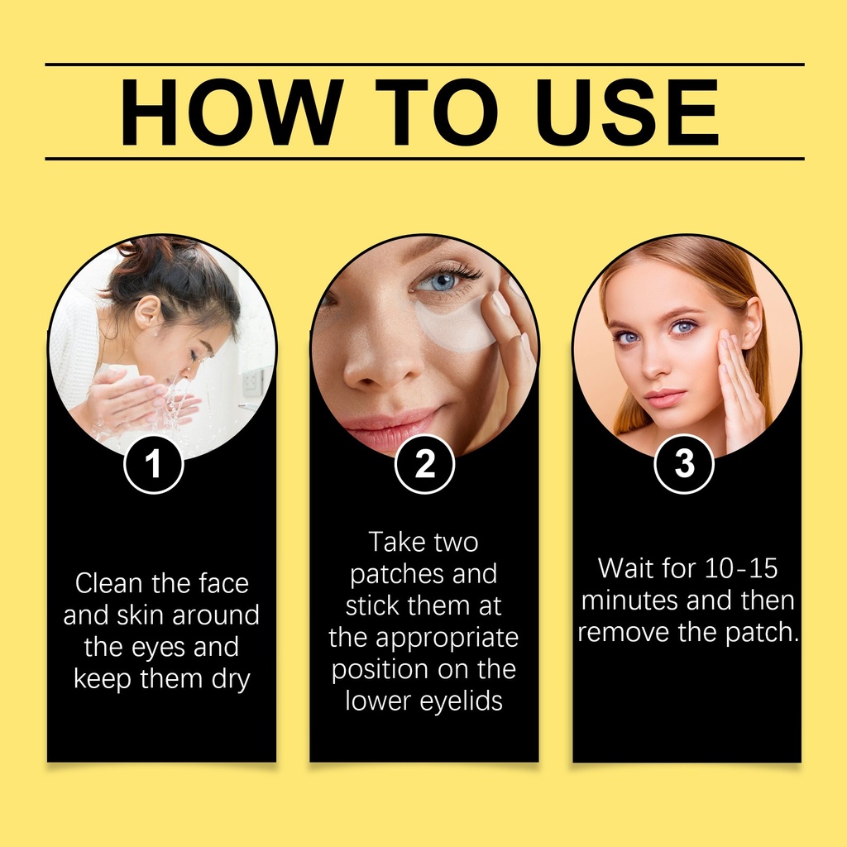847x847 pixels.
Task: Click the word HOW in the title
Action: click(232, 112)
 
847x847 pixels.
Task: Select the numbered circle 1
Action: click(154, 465)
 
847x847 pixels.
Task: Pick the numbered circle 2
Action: click(424, 464)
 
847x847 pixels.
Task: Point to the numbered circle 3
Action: click(684, 464)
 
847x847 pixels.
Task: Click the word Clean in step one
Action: click(110, 583)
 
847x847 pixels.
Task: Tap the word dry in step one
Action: click(231, 680)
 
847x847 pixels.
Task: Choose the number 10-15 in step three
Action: click(741, 568)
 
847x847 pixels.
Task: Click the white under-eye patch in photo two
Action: click(457, 324)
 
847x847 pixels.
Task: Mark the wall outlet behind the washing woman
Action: click(251, 380)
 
